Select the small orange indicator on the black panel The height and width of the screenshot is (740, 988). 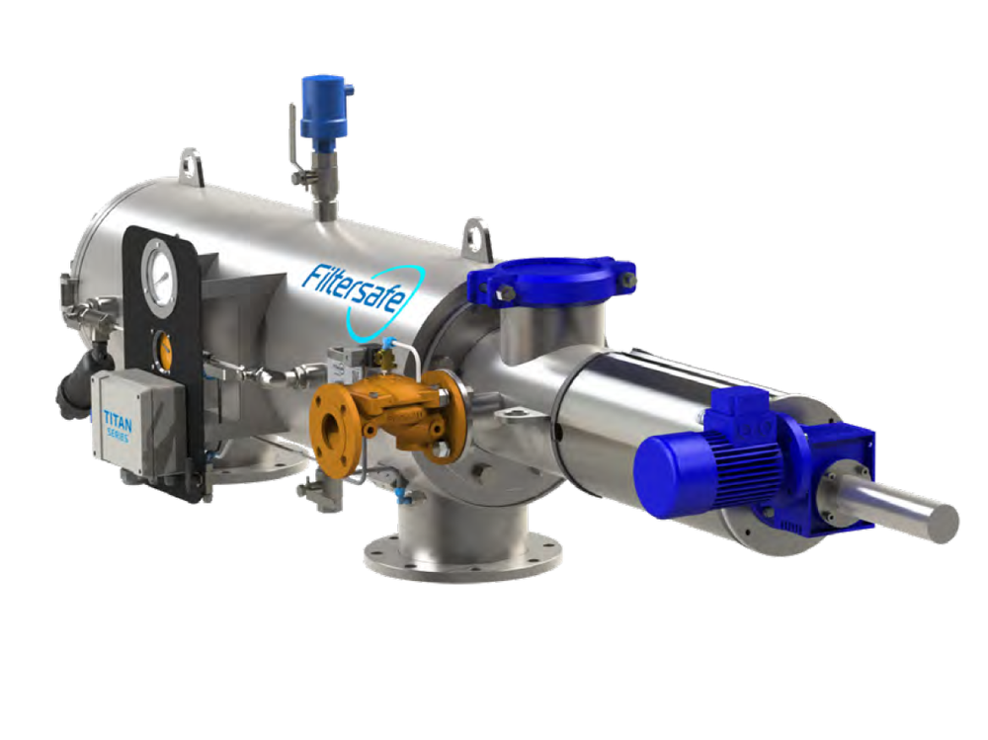(x=163, y=350)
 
